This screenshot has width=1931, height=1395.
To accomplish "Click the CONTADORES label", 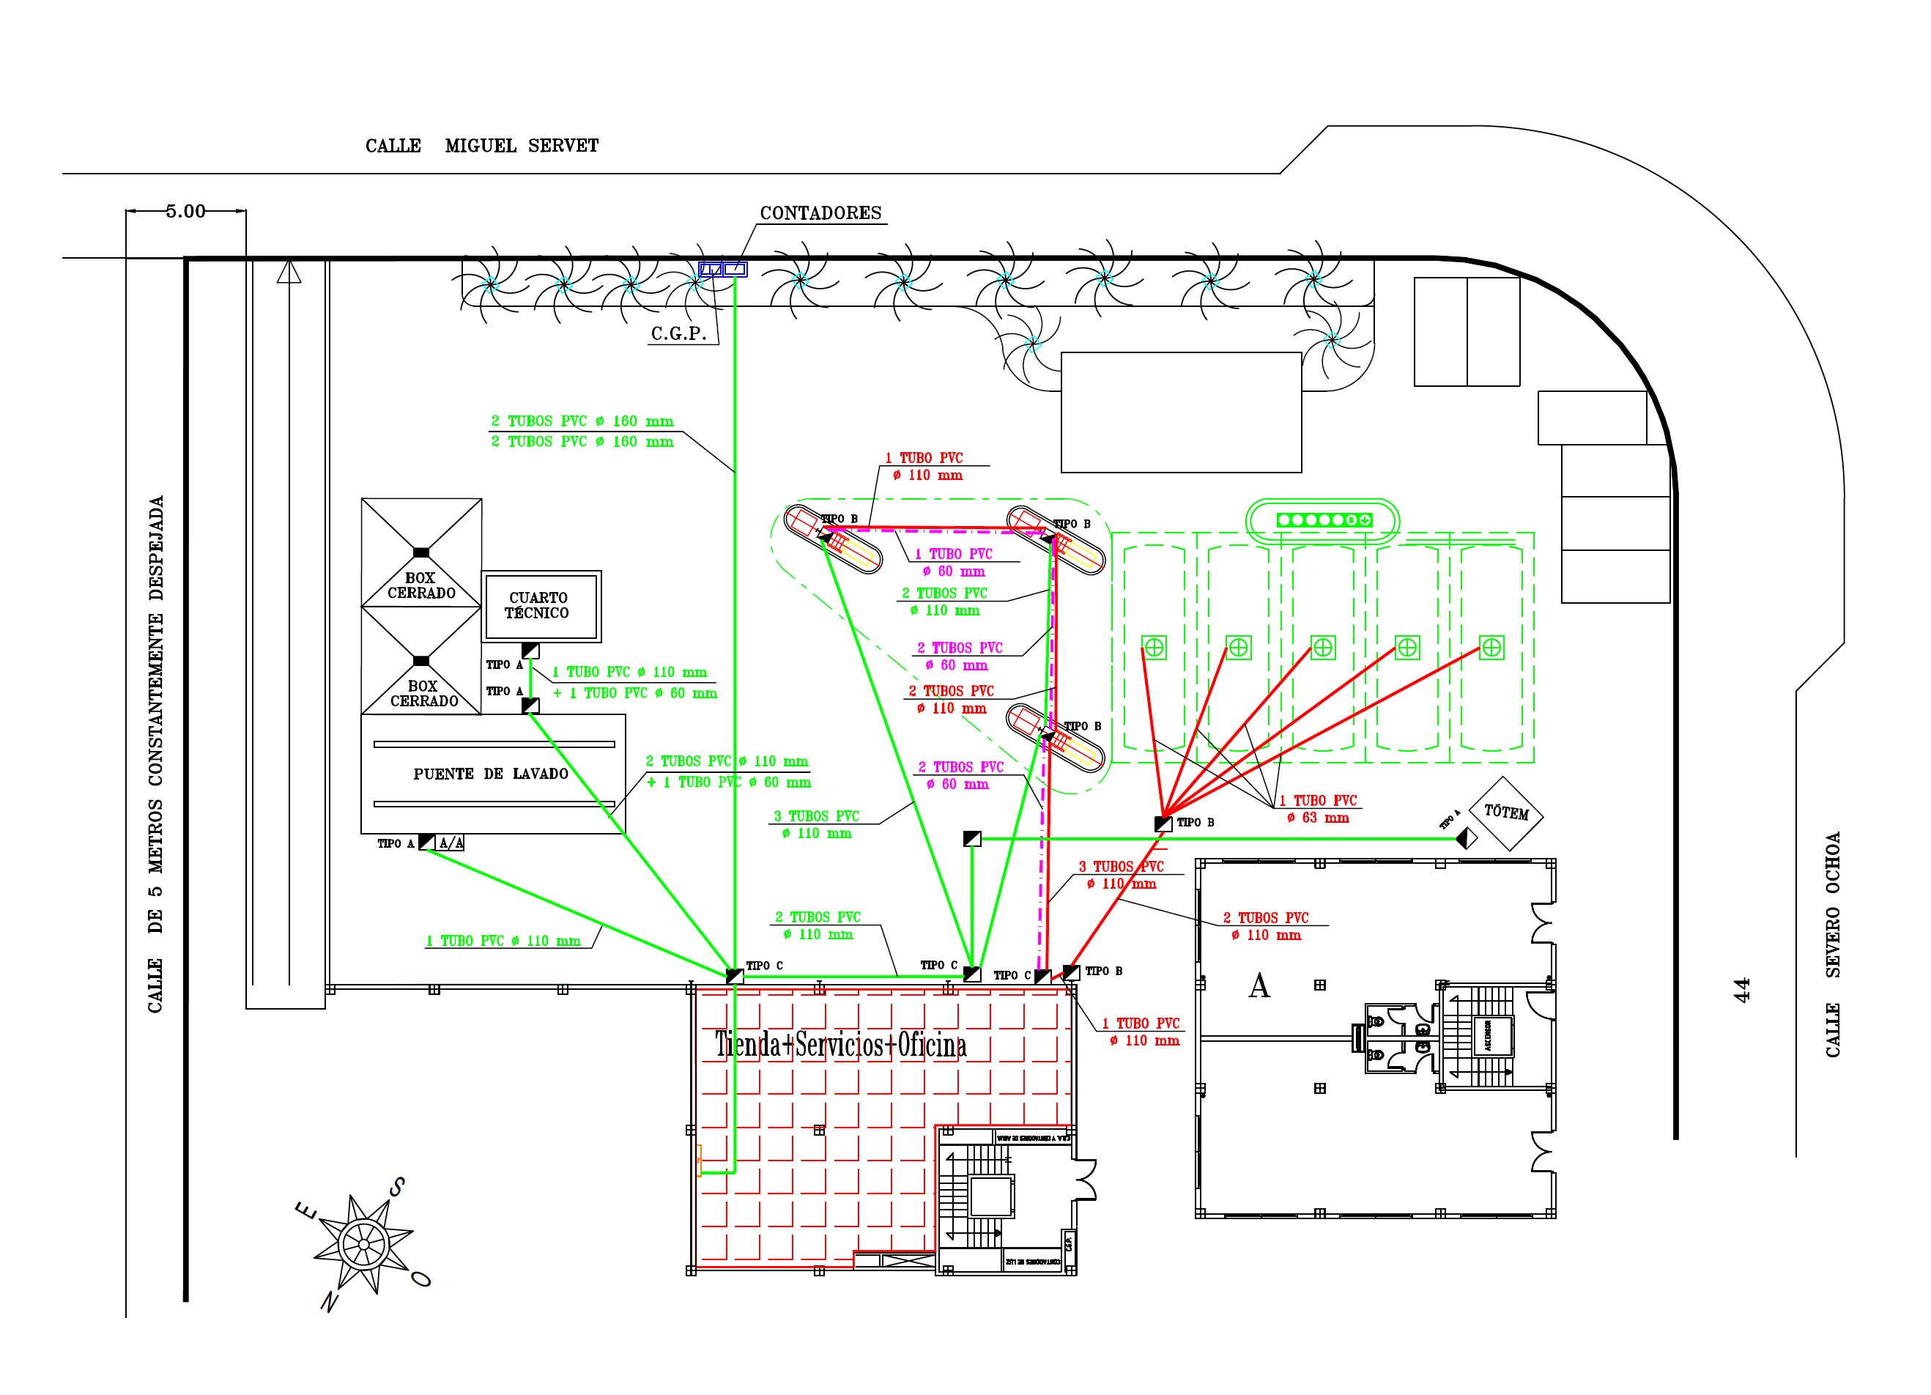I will tap(820, 213).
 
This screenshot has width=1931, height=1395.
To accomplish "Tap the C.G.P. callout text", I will tap(678, 334).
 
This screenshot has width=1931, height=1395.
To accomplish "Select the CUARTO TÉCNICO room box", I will tap(541, 605).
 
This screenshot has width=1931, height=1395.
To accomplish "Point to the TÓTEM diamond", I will tap(1505, 813).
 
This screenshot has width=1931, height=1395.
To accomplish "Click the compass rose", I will tap(363, 1244).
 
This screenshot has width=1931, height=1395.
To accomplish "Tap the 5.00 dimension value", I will tap(185, 211).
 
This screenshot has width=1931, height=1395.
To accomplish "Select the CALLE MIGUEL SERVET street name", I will tap(481, 147).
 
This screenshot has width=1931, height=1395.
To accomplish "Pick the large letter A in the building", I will tap(1259, 986).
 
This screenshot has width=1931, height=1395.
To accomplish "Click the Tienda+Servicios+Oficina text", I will tap(840, 1045).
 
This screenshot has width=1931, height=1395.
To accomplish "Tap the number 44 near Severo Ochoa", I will tap(1742, 989).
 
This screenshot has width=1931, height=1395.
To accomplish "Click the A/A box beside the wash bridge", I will tap(451, 843).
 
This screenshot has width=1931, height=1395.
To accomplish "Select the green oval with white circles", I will tap(1322, 519).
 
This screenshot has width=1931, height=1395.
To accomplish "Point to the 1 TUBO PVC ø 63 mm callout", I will tap(1318, 809).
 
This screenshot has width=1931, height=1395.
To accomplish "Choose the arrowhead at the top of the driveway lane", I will tap(289, 272).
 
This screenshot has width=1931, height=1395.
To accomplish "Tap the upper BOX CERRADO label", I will tap(420, 585).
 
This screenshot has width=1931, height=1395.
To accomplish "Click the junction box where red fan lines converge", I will tap(1163, 824).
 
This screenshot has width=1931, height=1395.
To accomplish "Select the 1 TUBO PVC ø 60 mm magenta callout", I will tap(954, 562).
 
